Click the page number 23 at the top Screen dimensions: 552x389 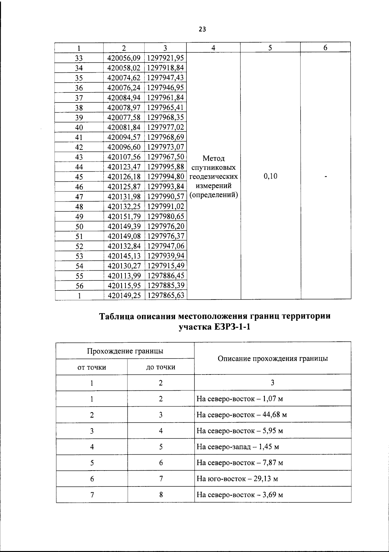pyautogui.click(x=202, y=30)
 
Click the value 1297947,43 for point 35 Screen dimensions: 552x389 pyautogui.click(x=166, y=78)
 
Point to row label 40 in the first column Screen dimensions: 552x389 pyautogui.click(x=79, y=128)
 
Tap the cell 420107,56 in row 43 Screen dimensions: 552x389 pyautogui.click(x=124, y=157)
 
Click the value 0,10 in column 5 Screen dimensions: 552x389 pyautogui.click(x=270, y=176)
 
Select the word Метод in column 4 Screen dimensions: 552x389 pyautogui.click(x=213, y=158)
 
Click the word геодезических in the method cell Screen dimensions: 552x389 pyautogui.click(x=213, y=177)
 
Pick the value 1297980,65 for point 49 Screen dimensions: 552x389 pyautogui.click(x=166, y=216)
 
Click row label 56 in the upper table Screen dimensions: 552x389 pyautogui.click(x=79, y=286)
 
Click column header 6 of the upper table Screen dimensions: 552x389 pyautogui.click(x=325, y=48)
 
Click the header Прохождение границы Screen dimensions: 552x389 pyautogui.click(x=125, y=351)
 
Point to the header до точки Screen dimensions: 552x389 pyautogui.click(x=161, y=367)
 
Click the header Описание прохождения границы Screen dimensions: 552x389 pyautogui.click(x=273, y=359)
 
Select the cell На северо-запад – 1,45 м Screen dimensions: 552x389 pyautogui.click(x=238, y=447)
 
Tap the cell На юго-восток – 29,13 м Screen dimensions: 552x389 pyautogui.click(x=237, y=479)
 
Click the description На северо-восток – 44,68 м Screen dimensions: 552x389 pyautogui.click(x=242, y=415)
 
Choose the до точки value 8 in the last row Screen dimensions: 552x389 pyautogui.click(x=161, y=495)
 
